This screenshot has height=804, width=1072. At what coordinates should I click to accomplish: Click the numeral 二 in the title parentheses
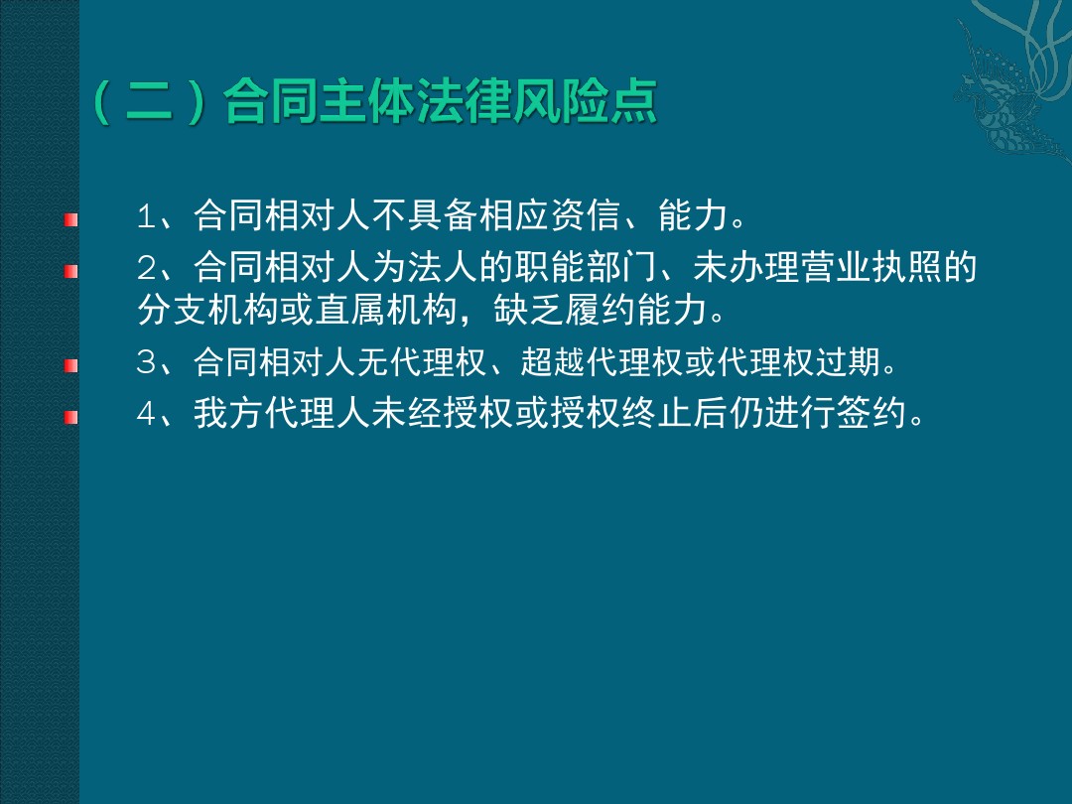point(149,102)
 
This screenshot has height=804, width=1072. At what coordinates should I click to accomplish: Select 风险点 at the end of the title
point(586,102)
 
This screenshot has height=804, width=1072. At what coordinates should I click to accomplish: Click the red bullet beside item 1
point(71,219)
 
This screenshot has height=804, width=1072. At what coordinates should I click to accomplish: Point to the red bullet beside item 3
point(71,365)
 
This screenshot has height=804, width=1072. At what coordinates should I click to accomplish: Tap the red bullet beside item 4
point(71,416)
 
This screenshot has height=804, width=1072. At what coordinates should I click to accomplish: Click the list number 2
point(147,268)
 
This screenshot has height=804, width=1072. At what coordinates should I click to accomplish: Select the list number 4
point(147,414)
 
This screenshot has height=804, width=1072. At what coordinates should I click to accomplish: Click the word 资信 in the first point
point(586,215)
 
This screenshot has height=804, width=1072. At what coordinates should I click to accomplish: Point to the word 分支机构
point(207,310)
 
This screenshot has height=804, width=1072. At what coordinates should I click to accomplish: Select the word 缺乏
point(528,310)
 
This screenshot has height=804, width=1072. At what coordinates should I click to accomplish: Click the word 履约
point(599,310)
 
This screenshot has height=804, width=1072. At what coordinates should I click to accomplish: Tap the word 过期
point(848,361)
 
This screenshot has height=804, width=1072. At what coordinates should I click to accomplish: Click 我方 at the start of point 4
point(228,414)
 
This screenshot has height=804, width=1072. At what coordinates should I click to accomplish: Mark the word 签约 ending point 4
point(871,414)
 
